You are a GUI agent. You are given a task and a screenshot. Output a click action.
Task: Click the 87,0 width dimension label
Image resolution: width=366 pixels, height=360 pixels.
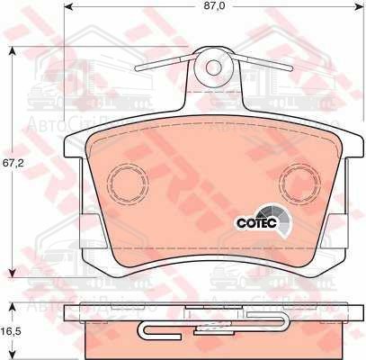[212, 5]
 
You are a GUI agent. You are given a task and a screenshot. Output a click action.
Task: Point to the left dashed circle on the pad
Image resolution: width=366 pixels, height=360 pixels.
[128, 184]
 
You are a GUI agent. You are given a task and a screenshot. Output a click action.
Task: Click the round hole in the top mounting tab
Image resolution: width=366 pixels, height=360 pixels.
[214, 66]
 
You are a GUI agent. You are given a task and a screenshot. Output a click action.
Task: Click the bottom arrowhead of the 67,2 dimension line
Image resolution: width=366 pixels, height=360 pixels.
[10, 274]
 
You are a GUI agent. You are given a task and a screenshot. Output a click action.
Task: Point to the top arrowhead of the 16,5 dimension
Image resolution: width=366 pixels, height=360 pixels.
[10, 310]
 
